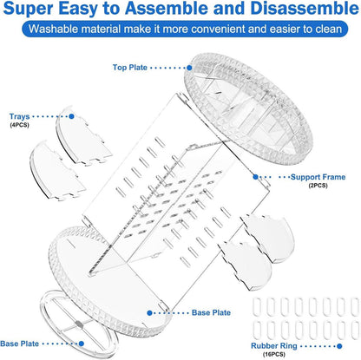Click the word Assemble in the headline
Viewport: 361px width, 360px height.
coord(166,9)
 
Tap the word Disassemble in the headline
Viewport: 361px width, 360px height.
coord(305,9)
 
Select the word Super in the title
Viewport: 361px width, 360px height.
coord(29,9)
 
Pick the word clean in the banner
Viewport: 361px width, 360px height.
coord(327,29)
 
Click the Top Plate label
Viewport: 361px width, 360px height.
coord(130,68)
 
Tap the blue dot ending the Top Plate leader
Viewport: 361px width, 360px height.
coord(189,68)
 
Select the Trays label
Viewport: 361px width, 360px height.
coord(19,116)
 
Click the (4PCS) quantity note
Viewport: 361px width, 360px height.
coord(19,125)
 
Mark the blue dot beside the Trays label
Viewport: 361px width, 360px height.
coord(71,116)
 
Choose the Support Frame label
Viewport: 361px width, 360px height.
coord(318,177)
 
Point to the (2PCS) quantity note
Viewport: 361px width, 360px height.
coord(318,186)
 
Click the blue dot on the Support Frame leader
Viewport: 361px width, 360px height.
coord(255,177)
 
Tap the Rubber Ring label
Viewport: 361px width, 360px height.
coord(274,346)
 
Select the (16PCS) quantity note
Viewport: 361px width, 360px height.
coord(274,354)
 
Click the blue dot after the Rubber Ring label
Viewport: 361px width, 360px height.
coord(339,346)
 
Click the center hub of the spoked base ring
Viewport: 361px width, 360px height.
coord(78,324)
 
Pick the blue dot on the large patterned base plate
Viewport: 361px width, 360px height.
coord(149,313)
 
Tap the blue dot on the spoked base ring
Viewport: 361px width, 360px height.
coord(82,344)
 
